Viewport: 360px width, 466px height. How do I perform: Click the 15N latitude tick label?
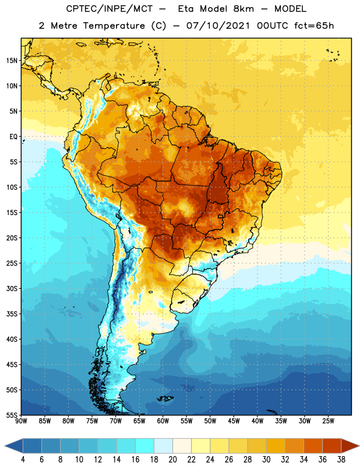point(12,61)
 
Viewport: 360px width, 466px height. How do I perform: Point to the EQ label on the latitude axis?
point(13,137)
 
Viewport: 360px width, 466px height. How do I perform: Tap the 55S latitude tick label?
point(12,415)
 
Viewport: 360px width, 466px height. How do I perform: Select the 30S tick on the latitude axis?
point(12,288)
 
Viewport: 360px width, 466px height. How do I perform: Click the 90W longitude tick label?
point(21,421)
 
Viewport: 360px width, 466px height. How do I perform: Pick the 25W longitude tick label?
point(328,421)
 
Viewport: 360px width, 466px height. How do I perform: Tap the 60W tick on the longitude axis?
point(163,421)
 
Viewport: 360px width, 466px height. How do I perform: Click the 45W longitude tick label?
point(234,421)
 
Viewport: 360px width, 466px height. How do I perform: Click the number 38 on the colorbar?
point(341,460)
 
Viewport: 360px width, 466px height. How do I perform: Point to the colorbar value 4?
point(23,460)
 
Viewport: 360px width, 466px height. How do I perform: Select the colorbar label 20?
point(172,460)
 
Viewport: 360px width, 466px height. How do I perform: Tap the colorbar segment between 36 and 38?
point(332,446)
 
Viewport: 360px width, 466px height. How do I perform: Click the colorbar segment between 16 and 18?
point(145,446)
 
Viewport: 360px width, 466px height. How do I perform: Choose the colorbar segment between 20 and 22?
point(182,446)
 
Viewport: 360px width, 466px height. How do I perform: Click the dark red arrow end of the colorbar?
point(350,446)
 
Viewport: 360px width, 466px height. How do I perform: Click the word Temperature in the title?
point(114,26)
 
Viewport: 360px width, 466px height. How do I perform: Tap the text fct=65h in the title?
point(314,26)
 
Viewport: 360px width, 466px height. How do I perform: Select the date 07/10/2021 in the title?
point(218,26)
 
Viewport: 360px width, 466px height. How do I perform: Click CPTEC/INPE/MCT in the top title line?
point(110,9)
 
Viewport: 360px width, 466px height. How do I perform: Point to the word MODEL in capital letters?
point(291,9)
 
